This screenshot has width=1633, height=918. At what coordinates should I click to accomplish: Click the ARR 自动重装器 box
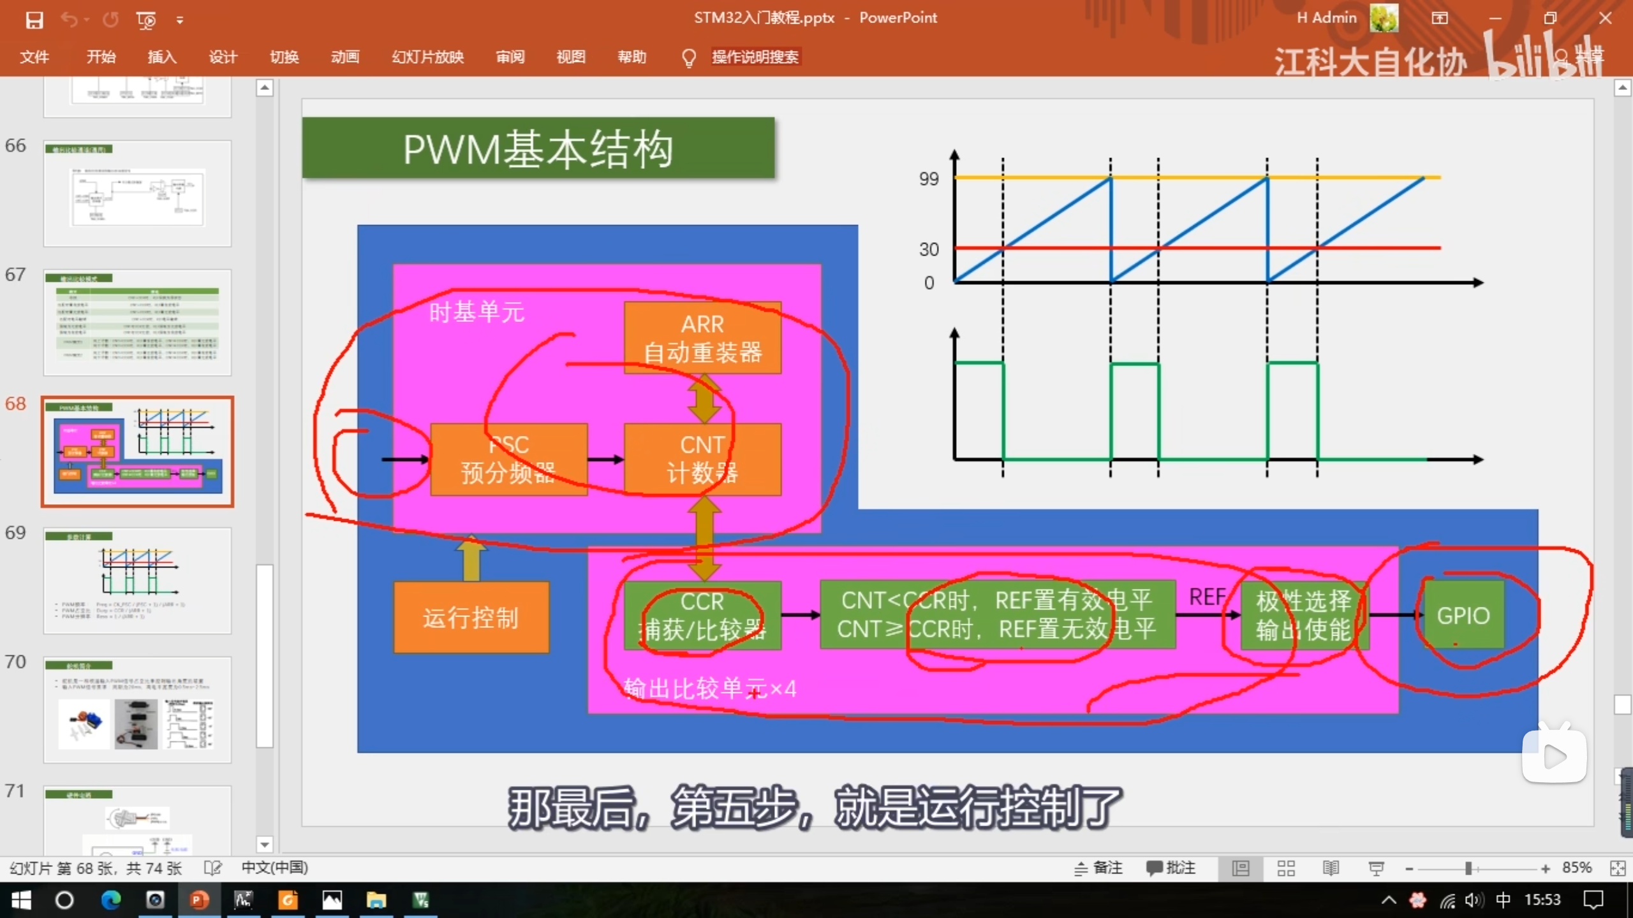click(702, 338)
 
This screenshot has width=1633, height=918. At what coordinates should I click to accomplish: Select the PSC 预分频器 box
click(508, 459)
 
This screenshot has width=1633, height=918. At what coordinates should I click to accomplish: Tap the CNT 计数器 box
click(702, 459)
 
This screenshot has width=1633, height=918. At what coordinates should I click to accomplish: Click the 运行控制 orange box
click(471, 617)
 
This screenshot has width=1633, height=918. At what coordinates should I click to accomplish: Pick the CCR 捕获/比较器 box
click(702, 616)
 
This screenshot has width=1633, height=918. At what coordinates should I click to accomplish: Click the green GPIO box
click(1463, 616)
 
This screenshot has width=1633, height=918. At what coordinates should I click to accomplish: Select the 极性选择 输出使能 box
click(1303, 616)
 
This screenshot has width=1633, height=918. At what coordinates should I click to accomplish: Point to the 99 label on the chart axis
click(929, 179)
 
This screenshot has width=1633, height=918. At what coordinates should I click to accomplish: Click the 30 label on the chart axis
click(929, 249)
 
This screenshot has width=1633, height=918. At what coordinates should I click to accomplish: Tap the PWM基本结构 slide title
click(538, 149)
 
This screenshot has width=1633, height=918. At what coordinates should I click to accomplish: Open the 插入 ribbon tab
click(162, 57)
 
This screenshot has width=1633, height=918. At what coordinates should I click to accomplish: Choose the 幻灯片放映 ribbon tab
click(427, 57)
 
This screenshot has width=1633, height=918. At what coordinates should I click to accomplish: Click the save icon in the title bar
click(34, 20)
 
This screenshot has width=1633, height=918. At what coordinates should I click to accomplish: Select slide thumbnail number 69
click(137, 580)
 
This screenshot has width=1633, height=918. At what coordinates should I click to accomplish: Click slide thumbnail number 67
click(137, 323)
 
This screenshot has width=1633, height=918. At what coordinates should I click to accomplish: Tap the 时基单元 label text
click(477, 312)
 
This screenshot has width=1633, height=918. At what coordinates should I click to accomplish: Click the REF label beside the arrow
click(1207, 597)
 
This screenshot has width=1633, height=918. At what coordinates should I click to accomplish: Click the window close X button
click(1606, 18)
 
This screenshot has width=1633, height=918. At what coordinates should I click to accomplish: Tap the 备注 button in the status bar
click(1098, 868)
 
